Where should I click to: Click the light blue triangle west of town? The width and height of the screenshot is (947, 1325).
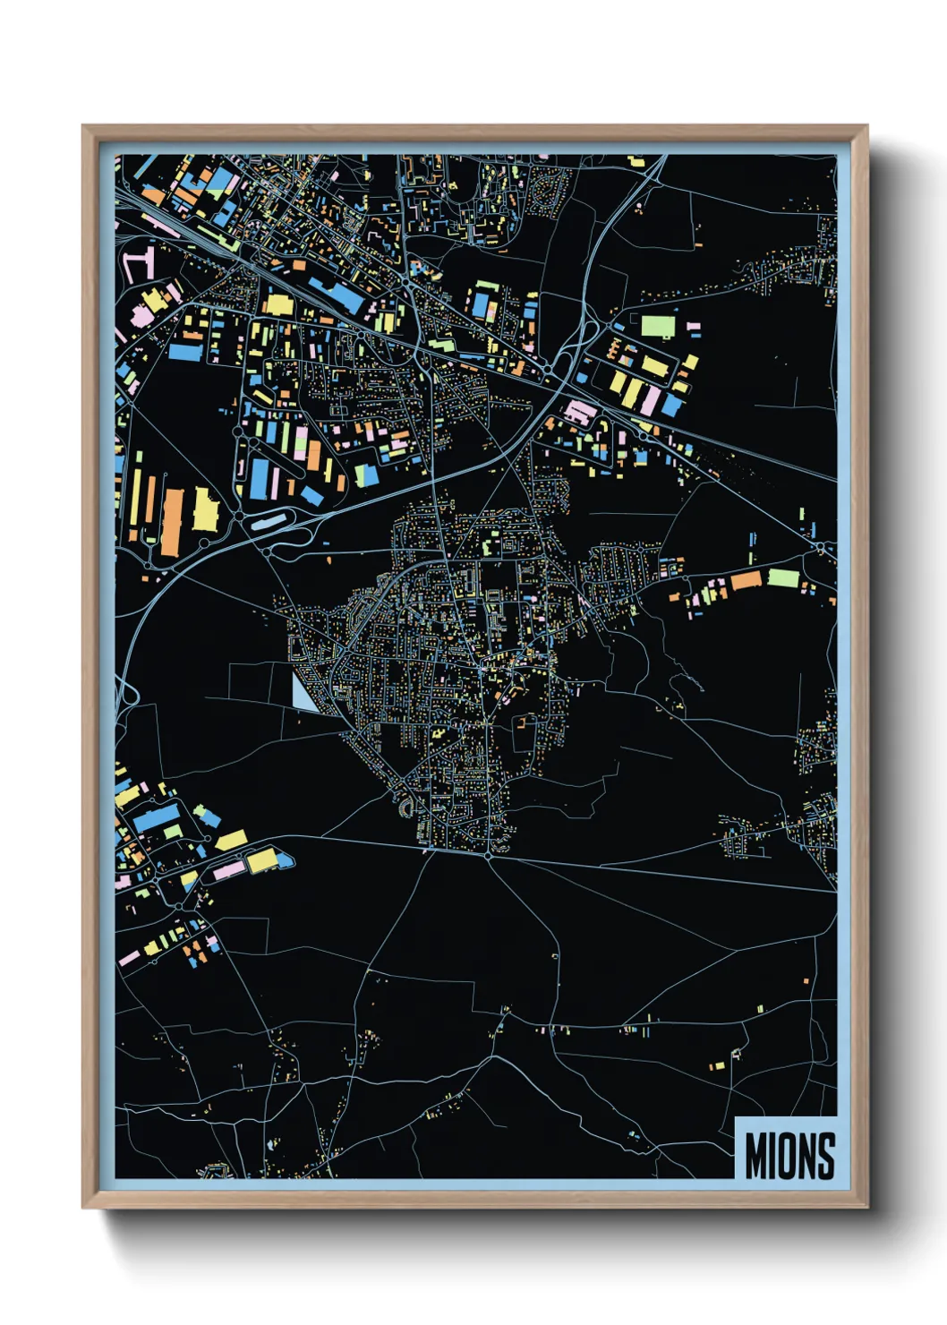(302, 693)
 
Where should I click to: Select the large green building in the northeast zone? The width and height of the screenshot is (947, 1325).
(658, 326)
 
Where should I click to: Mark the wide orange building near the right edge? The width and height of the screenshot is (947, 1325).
(746, 582)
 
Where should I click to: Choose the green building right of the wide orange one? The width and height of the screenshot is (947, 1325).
(783, 577)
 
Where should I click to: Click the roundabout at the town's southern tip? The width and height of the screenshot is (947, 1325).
(488, 856)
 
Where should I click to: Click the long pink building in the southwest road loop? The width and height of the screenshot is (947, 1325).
(226, 870)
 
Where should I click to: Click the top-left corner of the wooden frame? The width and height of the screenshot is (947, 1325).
(83, 126)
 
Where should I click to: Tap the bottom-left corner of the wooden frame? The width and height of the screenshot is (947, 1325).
(83, 1208)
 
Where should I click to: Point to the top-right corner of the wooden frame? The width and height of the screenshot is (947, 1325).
(866, 126)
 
